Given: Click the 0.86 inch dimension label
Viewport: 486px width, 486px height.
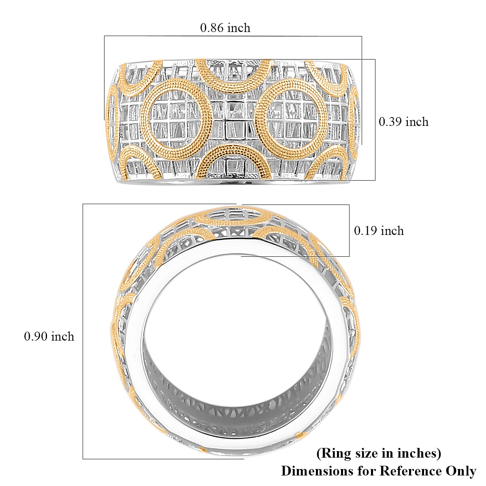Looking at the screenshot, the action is (x=225, y=28).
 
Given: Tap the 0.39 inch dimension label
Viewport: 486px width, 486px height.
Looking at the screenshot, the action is (x=403, y=122).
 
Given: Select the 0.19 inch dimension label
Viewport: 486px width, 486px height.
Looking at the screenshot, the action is (x=379, y=231).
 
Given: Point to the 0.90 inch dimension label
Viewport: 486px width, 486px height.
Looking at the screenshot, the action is (x=49, y=337).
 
